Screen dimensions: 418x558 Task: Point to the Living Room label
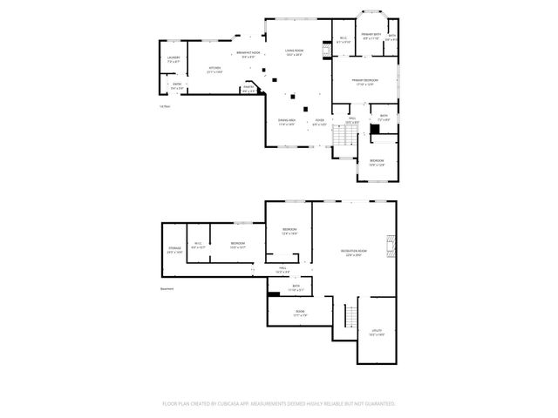[x=294, y=52]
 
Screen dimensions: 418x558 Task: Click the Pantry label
[x=248, y=88]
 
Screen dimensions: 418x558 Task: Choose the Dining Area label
[x=287, y=122]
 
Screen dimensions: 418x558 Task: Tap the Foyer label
[x=320, y=122]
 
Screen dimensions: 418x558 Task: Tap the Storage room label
[x=174, y=250]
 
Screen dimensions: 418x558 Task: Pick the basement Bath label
[x=296, y=288]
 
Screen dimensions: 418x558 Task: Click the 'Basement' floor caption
[x=167, y=289]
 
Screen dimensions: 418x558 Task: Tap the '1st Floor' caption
[x=164, y=106]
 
